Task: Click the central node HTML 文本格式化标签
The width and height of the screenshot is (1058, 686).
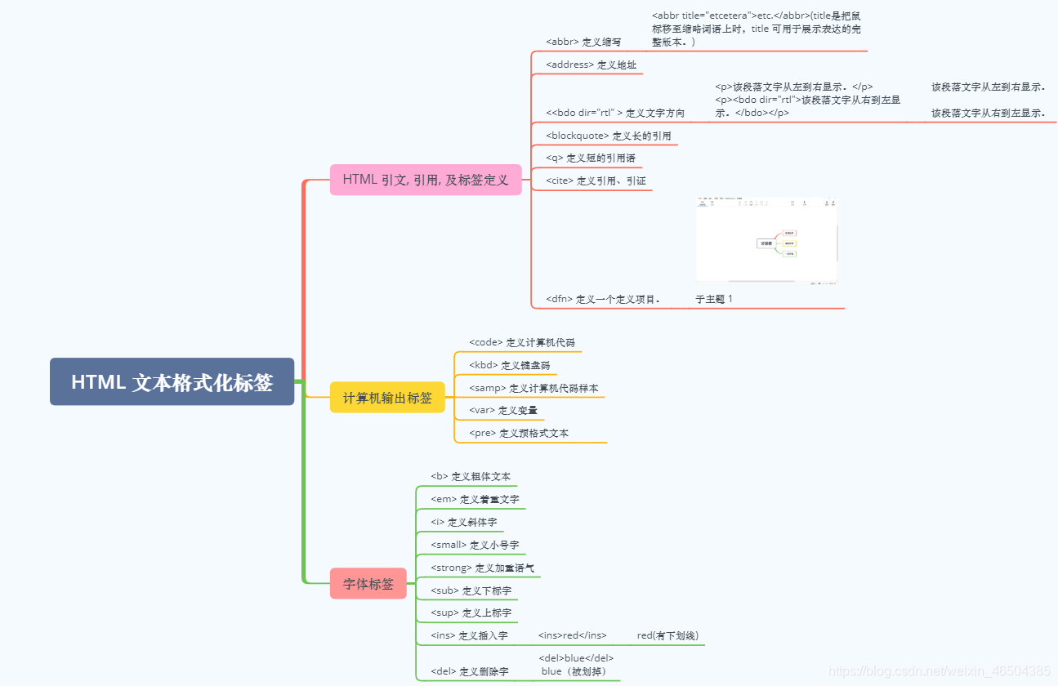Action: coord(172,381)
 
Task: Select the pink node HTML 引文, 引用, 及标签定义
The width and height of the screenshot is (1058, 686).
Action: coord(426,180)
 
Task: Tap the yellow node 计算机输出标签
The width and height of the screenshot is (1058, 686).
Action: coord(387,397)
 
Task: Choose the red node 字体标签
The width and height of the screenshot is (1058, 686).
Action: coord(368,584)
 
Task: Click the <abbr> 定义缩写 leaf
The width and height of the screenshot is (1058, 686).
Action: coord(583,42)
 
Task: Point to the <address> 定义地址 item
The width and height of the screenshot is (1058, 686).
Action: coord(591,65)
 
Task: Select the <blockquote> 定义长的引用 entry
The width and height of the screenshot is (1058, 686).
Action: coord(608,136)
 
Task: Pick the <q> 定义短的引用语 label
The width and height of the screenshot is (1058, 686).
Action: coord(590,158)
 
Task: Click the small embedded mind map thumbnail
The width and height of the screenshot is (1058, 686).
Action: coord(766,241)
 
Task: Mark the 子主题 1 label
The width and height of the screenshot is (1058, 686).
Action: coord(714,299)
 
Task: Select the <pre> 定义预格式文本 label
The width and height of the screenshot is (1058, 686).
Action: coord(519,433)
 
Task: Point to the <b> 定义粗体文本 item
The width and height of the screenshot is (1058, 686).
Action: coord(471,476)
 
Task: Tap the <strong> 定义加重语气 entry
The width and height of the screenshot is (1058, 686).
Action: coord(482,568)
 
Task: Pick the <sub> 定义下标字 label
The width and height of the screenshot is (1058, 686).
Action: coord(471,590)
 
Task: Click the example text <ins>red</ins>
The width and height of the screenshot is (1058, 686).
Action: coord(572,635)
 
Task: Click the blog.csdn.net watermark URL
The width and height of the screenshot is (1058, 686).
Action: coord(939,670)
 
